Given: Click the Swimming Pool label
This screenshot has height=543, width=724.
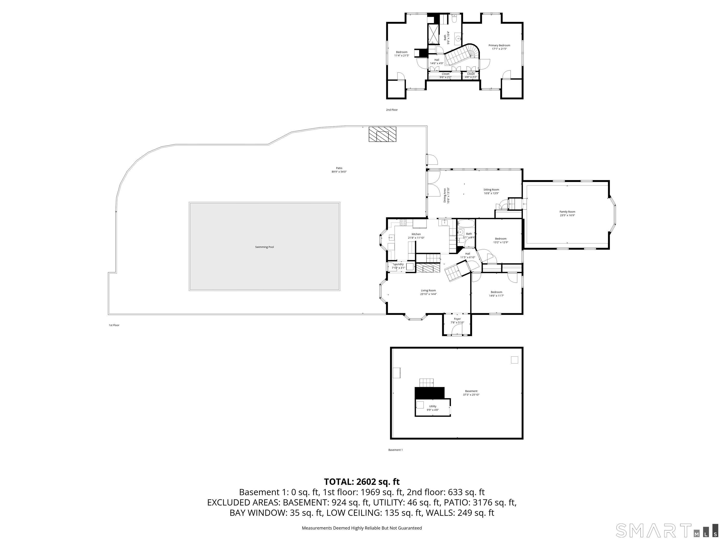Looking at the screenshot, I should click(x=264, y=247).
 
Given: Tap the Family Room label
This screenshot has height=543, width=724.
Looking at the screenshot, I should click(x=567, y=212).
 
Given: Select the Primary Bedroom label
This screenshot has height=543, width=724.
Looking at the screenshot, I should click(x=499, y=46).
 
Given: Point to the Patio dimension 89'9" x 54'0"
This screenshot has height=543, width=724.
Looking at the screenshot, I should click(x=339, y=172).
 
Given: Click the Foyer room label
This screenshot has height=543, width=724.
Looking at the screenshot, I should click(x=457, y=319).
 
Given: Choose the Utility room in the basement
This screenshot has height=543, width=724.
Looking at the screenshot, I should click(x=433, y=408).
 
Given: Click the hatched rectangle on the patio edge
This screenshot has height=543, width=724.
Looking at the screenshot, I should click(x=382, y=134).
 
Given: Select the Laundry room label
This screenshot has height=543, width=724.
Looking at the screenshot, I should click(x=398, y=264).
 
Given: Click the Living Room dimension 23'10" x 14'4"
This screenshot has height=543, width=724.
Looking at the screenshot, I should click(x=428, y=294).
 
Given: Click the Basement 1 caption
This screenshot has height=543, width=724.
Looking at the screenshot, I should click(x=395, y=450).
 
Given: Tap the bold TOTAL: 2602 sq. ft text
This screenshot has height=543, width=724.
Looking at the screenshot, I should click(x=362, y=482).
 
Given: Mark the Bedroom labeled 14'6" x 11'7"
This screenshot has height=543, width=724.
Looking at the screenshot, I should click(x=496, y=294).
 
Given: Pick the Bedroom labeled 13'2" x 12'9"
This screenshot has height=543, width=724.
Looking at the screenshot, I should click(x=501, y=240).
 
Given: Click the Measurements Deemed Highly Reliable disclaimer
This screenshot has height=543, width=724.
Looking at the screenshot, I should click(x=362, y=528).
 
